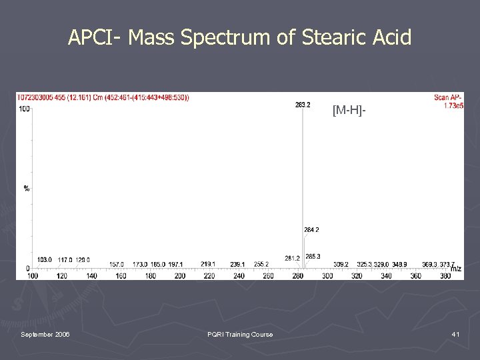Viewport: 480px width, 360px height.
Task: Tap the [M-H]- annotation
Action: [349, 111]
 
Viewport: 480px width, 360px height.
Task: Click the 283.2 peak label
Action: [303, 105]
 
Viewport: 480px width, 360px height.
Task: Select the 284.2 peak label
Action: [311, 230]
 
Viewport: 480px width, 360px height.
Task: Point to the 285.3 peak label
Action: [313, 257]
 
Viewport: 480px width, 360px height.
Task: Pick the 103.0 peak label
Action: [45, 260]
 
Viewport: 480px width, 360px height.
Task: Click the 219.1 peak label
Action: [208, 264]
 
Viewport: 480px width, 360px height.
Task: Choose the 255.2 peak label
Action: [261, 264]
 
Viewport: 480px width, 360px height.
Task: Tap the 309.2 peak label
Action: [341, 264]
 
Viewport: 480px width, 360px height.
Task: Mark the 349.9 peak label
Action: [400, 264]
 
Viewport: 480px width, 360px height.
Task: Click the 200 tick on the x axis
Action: [179, 276]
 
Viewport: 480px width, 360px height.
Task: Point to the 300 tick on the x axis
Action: [327, 276]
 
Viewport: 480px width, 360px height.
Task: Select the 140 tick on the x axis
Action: [91, 276]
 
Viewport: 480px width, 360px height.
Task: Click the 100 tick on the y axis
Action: [24, 109]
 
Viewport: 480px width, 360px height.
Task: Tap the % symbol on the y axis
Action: [27, 189]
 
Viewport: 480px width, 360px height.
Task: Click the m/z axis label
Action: [455, 269]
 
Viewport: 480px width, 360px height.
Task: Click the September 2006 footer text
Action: [45, 334]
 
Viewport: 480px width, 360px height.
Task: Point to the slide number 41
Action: [455, 334]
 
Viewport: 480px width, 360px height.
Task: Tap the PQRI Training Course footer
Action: [240, 334]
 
